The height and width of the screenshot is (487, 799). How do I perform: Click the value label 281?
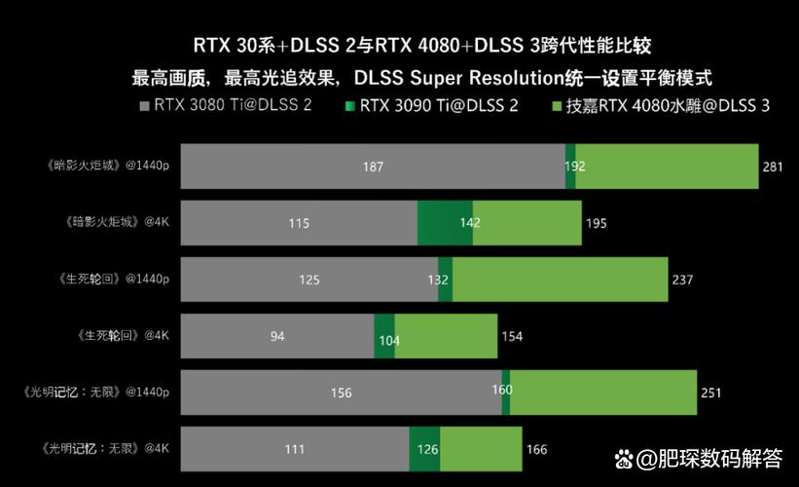[x=773, y=168]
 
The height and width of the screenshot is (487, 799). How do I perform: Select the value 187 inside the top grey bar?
[x=373, y=167]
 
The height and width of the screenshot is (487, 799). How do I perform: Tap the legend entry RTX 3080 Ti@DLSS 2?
[x=233, y=105]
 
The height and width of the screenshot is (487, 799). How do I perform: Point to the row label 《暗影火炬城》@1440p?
[x=106, y=166]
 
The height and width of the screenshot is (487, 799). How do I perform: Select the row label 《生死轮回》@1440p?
[x=112, y=279]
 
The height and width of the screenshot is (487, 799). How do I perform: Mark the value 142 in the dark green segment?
[x=470, y=223]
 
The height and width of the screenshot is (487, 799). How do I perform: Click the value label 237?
[x=682, y=281]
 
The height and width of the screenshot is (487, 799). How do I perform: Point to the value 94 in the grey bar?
[x=277, y=336]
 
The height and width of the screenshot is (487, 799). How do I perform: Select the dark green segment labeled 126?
[x=425, y=449]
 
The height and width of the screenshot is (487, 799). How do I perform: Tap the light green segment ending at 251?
[x=603, y=393]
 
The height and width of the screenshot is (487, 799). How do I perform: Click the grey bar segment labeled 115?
[x=298, y=223]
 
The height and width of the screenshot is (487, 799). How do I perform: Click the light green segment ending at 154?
[x=446, y=336]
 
